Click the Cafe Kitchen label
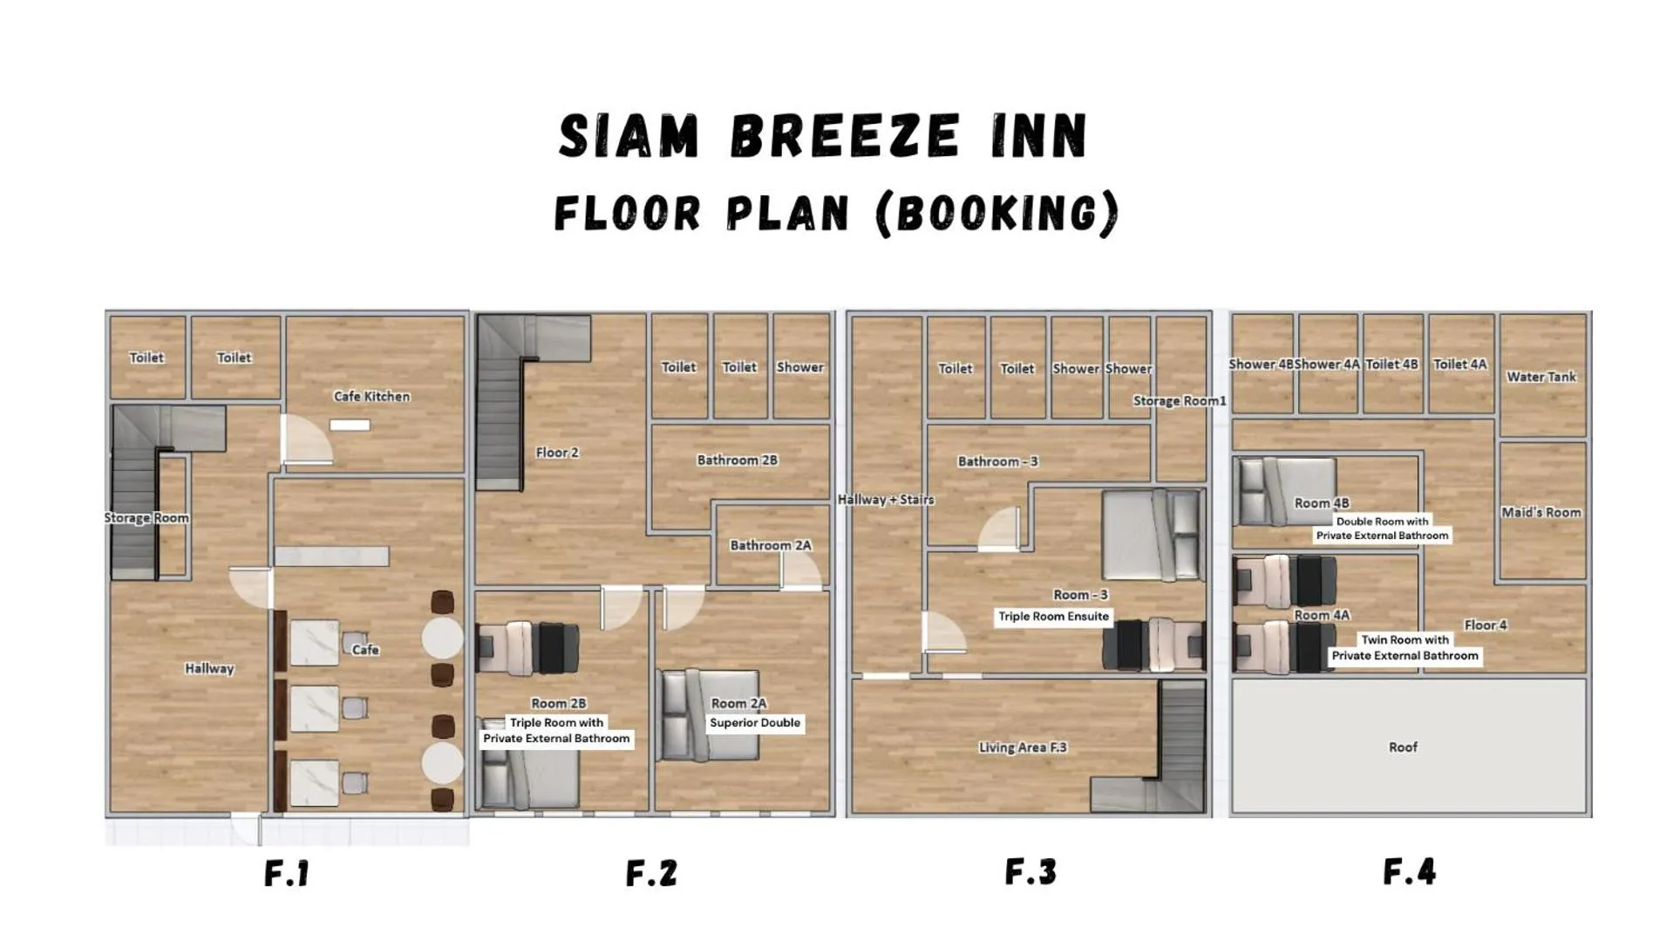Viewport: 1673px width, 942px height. coord(371,396)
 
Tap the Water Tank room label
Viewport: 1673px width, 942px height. coord(1540,377)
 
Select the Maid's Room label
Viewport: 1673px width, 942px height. coord(1540,512)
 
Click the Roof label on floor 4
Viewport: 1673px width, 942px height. coord(1403,747)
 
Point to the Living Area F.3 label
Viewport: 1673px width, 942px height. coord(1022,747)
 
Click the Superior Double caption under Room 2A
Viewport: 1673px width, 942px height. coord(754,722)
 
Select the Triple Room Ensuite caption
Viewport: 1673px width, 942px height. coord(1053,616)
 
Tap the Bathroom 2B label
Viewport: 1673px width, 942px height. coord(737,460)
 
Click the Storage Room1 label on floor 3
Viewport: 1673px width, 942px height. coord(1179,400)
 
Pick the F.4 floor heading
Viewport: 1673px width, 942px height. coord(1409,871)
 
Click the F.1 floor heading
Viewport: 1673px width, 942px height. coord(287,873)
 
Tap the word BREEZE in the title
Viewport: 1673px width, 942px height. coord(844,137)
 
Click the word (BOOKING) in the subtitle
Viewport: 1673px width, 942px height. coord(996,213)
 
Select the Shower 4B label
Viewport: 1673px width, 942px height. coord(1260,364)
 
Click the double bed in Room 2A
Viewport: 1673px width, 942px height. coord(708,713)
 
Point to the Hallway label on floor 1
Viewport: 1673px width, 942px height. coord(209,668)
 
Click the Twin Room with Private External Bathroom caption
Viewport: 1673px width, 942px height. coord(1404,647)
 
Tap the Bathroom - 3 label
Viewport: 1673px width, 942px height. coord(997,461)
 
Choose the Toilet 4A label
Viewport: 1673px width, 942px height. coord(1459,364)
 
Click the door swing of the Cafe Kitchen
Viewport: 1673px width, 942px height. coord(305,440)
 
